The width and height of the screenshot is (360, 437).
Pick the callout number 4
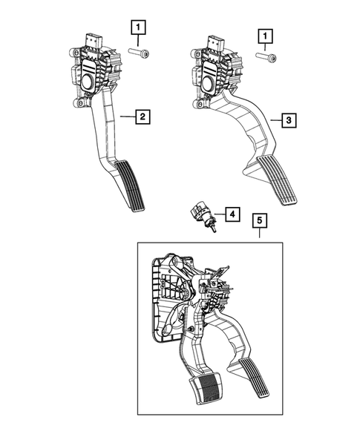pyautogui.click(x=232, y=215)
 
